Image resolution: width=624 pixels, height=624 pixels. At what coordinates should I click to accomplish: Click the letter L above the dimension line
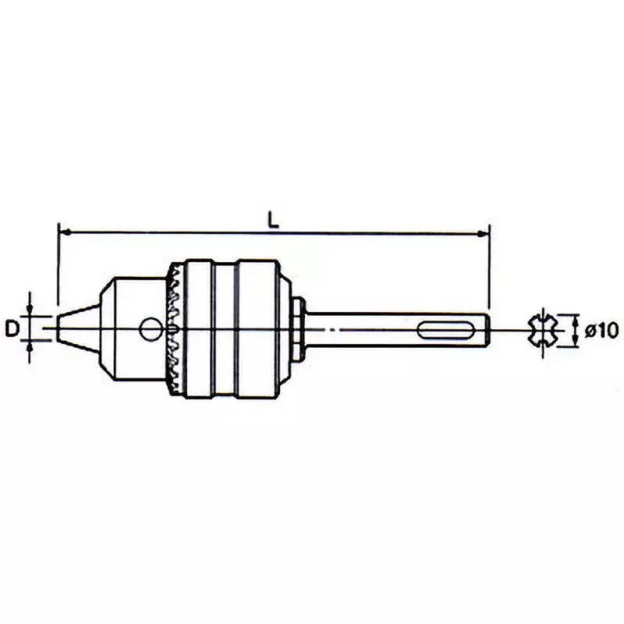273,220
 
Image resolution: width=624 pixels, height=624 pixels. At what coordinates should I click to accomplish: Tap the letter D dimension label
12,329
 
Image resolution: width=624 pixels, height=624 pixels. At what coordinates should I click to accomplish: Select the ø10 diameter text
602,330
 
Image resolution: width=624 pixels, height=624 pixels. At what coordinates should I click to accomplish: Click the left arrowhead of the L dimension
64,232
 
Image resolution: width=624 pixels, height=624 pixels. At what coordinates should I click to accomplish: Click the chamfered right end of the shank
484,329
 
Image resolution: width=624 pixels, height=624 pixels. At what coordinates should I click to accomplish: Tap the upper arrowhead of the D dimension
30,310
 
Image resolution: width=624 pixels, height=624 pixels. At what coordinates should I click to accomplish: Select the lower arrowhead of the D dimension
30,347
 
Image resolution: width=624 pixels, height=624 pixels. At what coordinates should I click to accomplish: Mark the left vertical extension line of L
58,265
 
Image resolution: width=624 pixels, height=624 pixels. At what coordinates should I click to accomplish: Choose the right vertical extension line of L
489,265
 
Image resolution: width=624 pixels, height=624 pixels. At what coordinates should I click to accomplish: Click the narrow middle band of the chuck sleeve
223,328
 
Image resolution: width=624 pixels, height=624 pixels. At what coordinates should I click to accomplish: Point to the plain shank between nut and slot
359,329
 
